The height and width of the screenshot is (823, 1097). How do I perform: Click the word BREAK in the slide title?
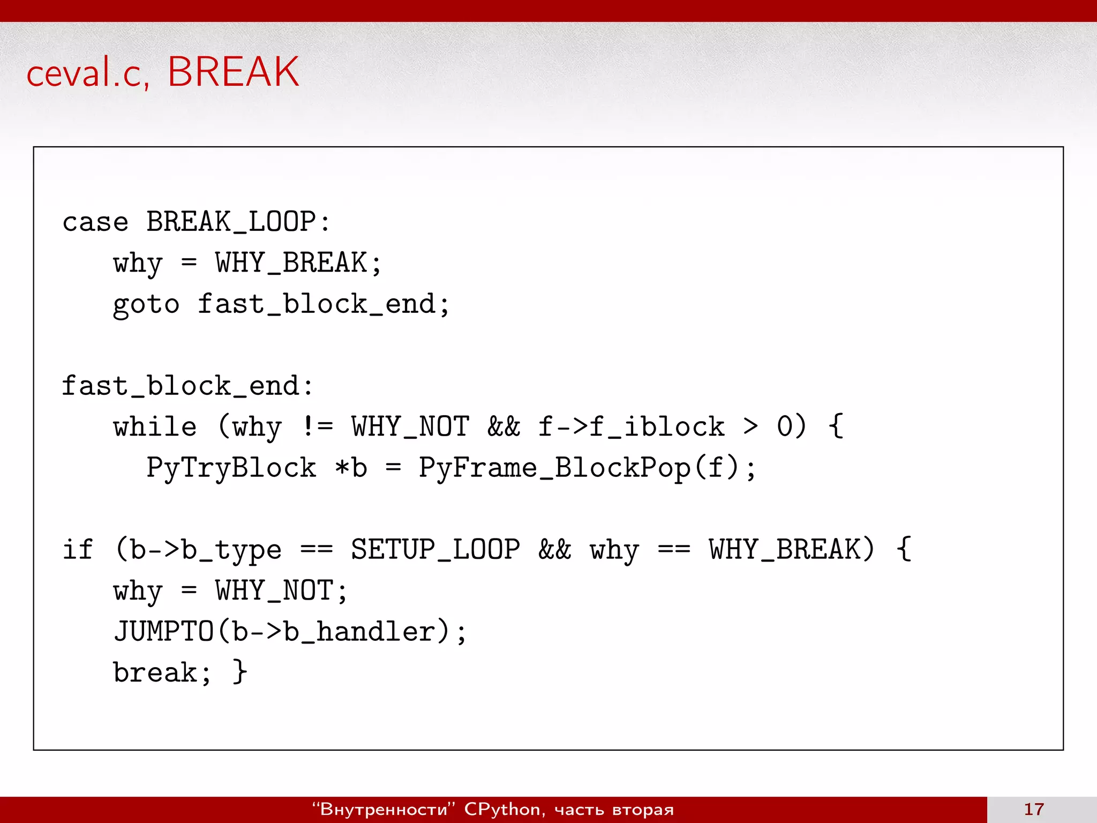[233, 72]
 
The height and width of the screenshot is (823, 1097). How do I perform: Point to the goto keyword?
[146, 305]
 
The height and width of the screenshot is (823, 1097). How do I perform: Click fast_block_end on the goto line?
[317, 304]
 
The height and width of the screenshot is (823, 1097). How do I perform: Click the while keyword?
[155, 428]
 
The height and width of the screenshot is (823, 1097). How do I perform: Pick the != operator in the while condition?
[317, 427]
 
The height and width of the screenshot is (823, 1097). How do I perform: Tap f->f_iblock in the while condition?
[631, 428]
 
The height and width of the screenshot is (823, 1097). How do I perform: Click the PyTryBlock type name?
[231, 468]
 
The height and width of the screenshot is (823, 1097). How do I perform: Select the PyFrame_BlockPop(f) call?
[580, 468]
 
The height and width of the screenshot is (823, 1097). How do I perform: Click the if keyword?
[78, 550]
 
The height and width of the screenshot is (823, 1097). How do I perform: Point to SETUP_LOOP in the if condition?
[435, 550]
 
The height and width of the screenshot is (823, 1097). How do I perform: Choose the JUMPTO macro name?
[163, 631]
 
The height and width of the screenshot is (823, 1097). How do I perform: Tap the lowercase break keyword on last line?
[155, 672]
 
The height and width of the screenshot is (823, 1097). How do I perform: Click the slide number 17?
[1034, 809]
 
